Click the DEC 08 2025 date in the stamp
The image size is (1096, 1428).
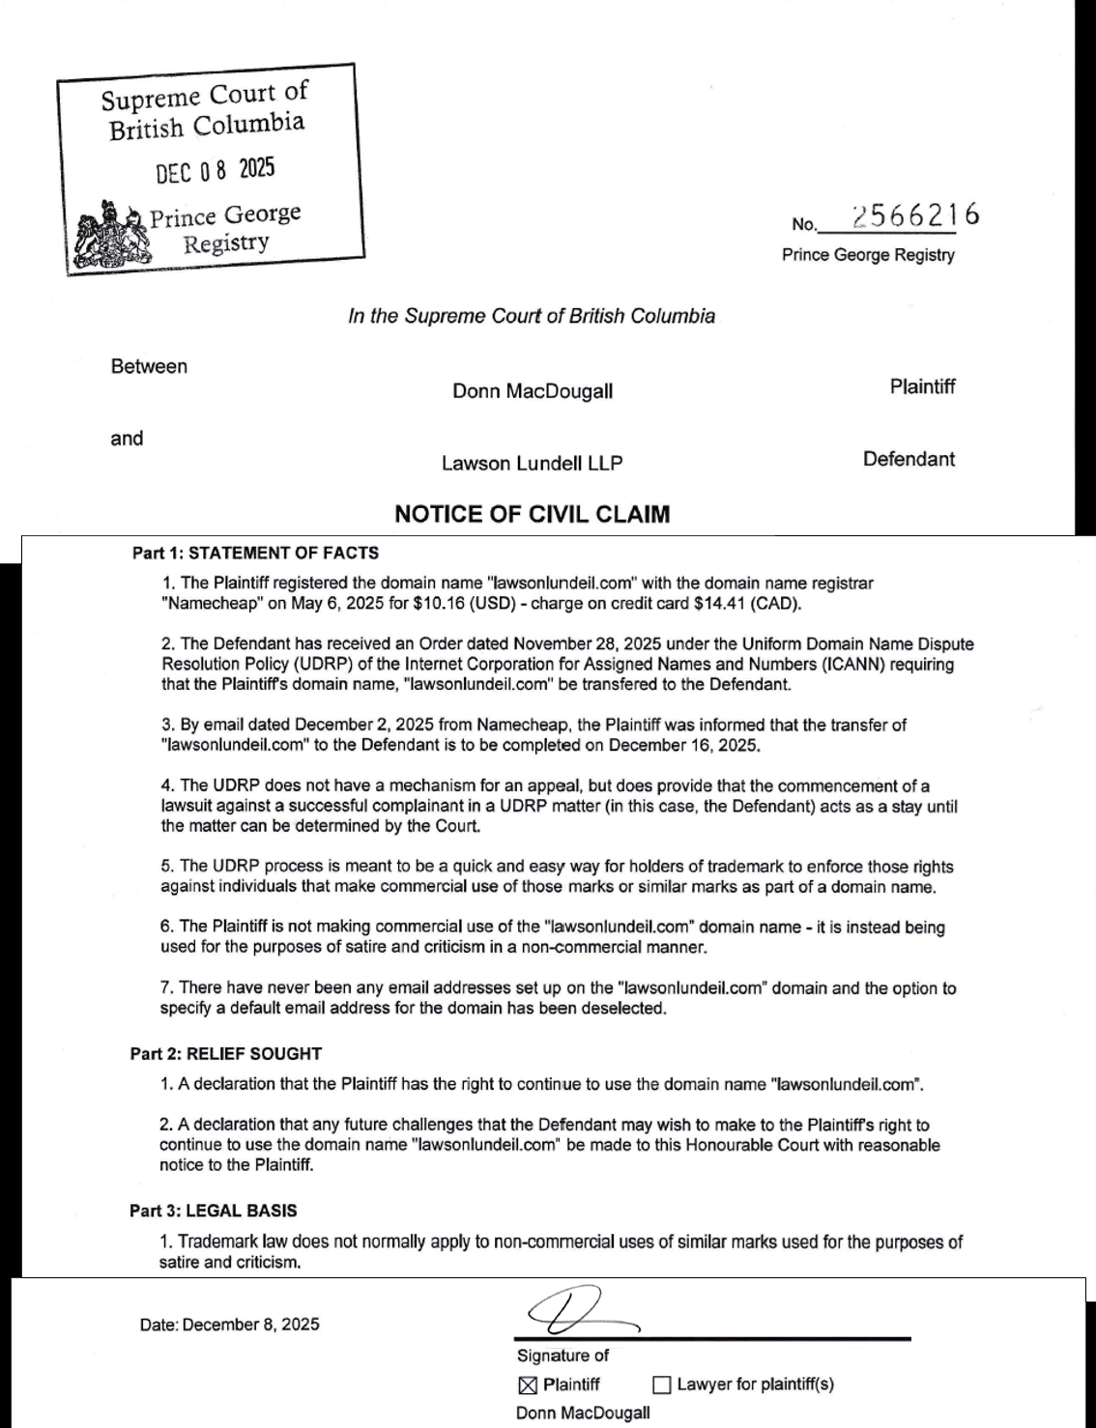pyautogui.click(x=216, y=170)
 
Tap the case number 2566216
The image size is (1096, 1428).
pyautogui.click(x=915, y=215)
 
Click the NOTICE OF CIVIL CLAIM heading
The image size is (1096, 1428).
pyautogui.click(x=532, y=514)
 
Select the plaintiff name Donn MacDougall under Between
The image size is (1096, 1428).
pyautogui.click(x=533, y=391)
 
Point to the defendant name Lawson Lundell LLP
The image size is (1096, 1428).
pyautogui.click(x=532, y=463)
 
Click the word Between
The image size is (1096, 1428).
pyautogui.click(x=149, y=366)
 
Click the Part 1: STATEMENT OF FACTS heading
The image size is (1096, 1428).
pyautogui.click(x=255, y=553)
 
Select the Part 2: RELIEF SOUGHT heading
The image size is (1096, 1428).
pyautogui.click(x=226, y=1053)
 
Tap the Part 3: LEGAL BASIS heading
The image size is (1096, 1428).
pyautogui.click(x=214, y=1211)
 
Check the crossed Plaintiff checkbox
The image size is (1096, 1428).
pyautogui.click(x=528, y=1385)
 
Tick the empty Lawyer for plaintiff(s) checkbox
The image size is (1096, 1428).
pyautogui.click(x=662, y=1385)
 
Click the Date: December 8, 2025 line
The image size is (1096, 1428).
pyautogui.click(x=229, y=1325)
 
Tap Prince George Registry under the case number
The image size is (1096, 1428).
pyautogui.click(x=868, y=255)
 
